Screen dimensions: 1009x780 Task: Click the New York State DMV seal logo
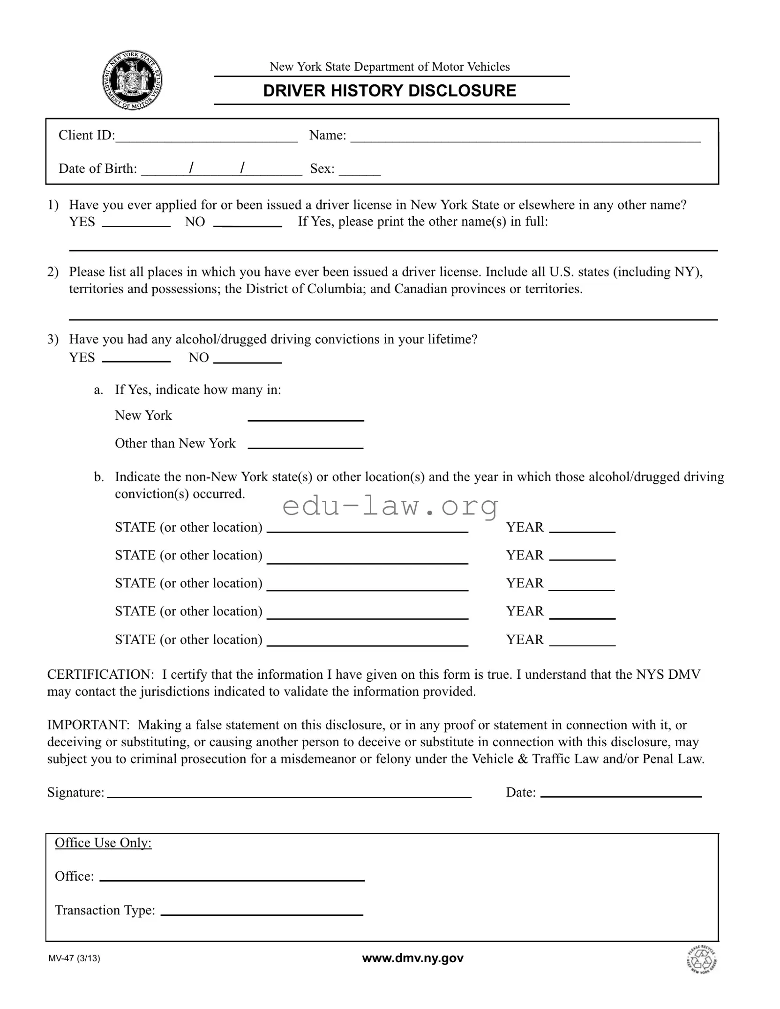[x=132, y=81]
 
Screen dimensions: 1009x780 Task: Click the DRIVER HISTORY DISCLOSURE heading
[x=389, y=91]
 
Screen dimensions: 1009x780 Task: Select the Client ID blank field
[x=206, y=137]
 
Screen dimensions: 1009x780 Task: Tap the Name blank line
[x=525, y=137]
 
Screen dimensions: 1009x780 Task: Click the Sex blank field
[x=360, y=171]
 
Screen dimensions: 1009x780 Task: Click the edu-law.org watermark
[x=390, y=506]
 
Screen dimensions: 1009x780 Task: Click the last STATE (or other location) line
[x=367, y=641]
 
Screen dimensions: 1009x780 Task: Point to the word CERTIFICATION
[x=100, y=675]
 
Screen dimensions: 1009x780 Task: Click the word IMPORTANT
[x=88, y=725]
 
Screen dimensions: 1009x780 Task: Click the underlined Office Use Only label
[x=103, y=843]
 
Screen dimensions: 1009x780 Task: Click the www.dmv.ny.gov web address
[x=412, y=958]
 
